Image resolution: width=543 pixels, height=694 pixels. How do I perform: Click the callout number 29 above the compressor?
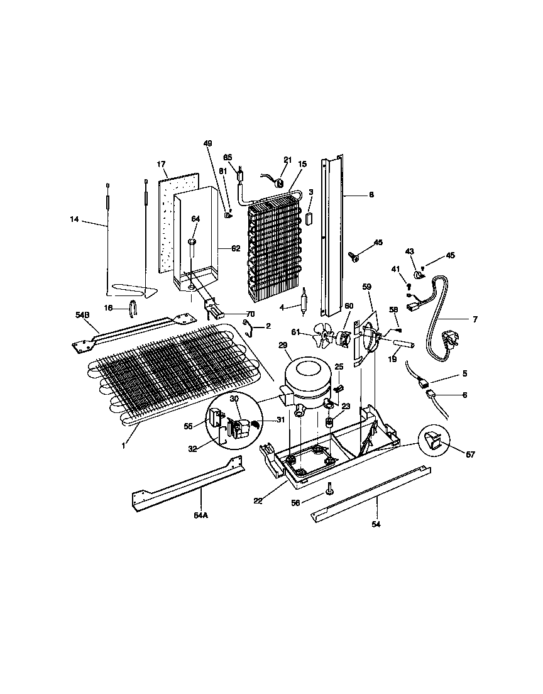(282, 346)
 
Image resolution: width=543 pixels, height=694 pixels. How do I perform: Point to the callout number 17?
(161, 165)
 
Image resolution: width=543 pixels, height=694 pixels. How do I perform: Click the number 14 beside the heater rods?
(75, 219)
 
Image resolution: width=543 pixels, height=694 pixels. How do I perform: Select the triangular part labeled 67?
(434, 442)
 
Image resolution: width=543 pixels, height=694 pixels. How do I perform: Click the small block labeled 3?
(309, 218)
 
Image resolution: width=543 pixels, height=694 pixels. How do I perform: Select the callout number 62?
(236, 248)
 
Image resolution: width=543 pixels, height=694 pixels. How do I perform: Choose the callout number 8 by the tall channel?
(371, 196)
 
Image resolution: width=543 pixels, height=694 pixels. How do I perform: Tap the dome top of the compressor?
(306, 368)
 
